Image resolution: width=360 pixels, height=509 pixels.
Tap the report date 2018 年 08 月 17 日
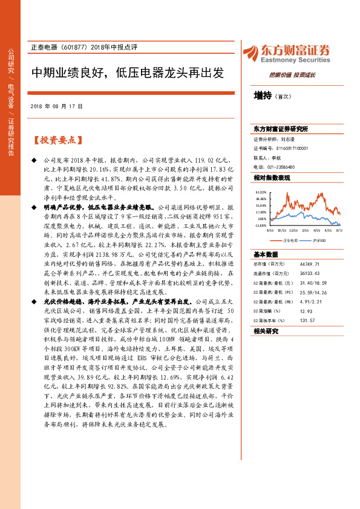(x=56, y=106)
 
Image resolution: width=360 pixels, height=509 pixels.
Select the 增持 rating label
(x=263, y=96)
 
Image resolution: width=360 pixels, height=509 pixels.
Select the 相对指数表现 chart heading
(x=272, y=178)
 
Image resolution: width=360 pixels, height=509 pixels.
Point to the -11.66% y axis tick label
(x=260, y=225)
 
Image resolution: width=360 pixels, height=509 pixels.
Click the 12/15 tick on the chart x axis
(x=293, y=230)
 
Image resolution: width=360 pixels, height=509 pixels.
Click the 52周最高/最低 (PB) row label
(x=272, y=301)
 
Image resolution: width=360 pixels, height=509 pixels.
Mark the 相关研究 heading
(x=266, y=331)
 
